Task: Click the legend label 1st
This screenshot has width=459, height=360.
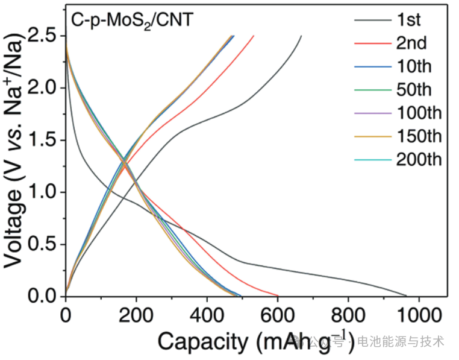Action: [x=409, y=20]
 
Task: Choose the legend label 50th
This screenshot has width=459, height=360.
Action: [x=416, y=90]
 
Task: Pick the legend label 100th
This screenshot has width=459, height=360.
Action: [x=419, y=113]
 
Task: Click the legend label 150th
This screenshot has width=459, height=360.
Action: [x=419, y=136]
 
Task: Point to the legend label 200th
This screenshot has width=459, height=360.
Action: [x=419, y=160]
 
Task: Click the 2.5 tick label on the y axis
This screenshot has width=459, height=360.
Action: [x=44, y=36]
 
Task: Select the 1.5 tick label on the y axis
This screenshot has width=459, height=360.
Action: [x=44, y=140]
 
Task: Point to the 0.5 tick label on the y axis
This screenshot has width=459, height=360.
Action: [x=44, y=244]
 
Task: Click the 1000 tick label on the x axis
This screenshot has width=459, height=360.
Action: [x=418, y=314]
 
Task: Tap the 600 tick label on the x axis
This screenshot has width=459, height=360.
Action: [x=277, y=314]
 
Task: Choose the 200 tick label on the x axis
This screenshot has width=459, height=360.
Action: [x=136, y=314]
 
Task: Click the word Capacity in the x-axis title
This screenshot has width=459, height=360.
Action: [x=202, y=342]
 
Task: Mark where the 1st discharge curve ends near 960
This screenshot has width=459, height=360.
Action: [x=406, y=295]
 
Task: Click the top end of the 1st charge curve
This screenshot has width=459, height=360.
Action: [x=301, y=36]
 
